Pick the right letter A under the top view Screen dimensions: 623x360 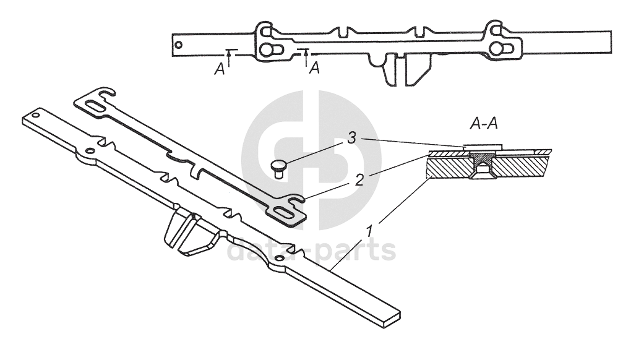pos(314,68)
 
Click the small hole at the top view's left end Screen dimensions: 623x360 pos(179,44)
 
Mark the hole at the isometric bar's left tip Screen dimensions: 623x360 pos(36,116)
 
